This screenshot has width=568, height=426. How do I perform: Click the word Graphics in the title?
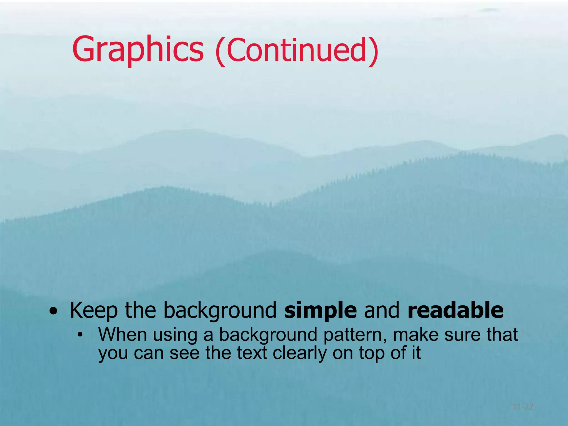138,50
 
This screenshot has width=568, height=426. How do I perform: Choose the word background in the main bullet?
220,311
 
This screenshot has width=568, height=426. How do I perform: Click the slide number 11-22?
523,407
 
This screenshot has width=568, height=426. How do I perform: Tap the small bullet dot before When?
80,335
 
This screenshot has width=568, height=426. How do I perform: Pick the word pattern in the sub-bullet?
355,335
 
